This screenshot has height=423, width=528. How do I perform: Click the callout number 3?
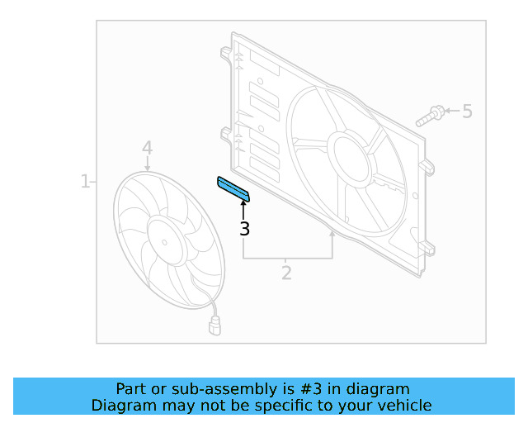[244, 229]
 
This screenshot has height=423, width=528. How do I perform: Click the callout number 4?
[147, 148]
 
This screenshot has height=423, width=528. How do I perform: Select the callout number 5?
[467, 111]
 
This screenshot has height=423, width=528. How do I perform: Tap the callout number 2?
[286, 273]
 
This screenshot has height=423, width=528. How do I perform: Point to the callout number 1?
[85, 181]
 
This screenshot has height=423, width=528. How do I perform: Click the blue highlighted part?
[233, 189]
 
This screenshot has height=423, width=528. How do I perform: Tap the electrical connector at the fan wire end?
[215, 327]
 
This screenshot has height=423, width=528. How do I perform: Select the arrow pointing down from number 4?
[147, 164]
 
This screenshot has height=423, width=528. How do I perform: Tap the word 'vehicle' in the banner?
[404, 405]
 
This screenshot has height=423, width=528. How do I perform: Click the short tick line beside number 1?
[94, 181]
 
